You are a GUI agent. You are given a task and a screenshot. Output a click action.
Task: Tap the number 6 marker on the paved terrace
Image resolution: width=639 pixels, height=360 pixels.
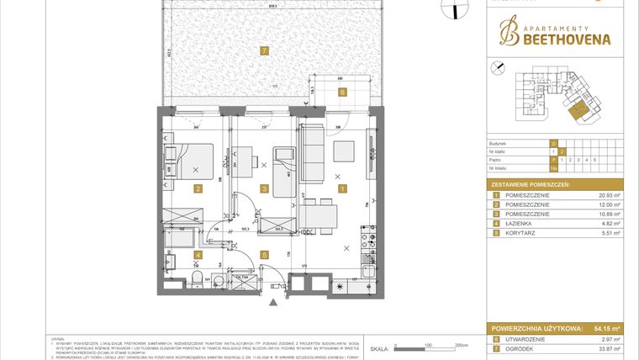[342, 93]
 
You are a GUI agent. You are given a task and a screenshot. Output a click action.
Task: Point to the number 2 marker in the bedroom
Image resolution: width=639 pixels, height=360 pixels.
[197, 189]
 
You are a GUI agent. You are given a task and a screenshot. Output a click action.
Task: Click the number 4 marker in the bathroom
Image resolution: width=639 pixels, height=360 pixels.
[197, 254]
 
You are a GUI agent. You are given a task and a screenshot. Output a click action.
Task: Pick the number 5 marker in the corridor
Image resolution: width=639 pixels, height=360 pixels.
[264, 254]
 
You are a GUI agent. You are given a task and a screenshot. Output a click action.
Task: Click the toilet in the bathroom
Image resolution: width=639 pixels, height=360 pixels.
[195, 279]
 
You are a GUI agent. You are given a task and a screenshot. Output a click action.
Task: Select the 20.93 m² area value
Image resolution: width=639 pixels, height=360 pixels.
[608, 195]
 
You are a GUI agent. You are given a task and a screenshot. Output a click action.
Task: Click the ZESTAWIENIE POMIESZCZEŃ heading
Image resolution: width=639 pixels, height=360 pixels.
[530, 183]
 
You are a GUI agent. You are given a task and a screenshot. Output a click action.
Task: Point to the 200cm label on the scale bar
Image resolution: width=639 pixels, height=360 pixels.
[460, 345]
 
